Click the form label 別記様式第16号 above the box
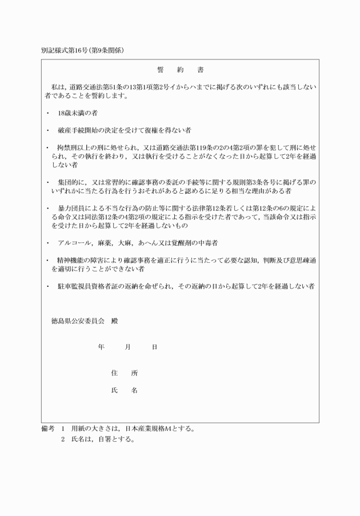coord(65,50)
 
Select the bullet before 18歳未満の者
coord(47,113)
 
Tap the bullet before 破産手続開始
coord(47,130)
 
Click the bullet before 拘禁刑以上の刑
coord(47,147)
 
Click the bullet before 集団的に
coord(47,182)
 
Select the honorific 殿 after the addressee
coord(114,321)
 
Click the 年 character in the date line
coord(101,347)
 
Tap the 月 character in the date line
coord(127,347)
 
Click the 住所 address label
coord(124,373)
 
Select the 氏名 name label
coord(124,391)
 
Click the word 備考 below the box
coord(47,428)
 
